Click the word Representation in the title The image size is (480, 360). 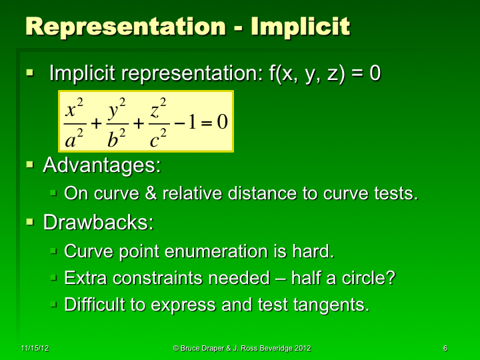pyautogui.click(x=124, y=27)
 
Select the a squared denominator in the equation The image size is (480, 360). pyautogui.click(x=73, y=138)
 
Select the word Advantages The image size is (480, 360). pyautogui.click(x=102, y=165)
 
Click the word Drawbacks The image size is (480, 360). pyautogui.click(x=98, y=223)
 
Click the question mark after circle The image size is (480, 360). pyautogui.click(x=389, y=278)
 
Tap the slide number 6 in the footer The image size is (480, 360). pyautogui.click(x=445, y=348)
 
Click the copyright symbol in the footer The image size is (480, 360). pyautogui.click(x=176, y=348)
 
